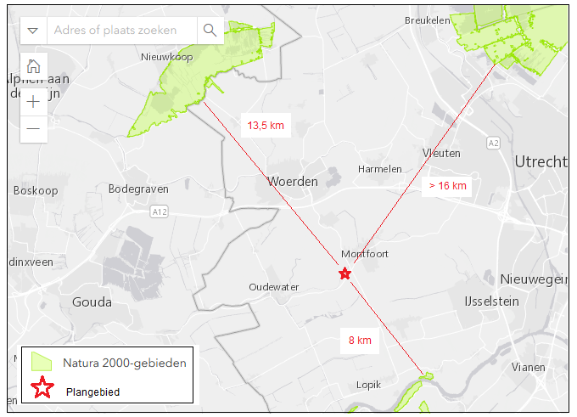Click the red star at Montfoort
click(345, 273)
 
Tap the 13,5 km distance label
click(265, 126)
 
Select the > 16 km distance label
click(447, 185)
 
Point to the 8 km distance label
click(360, 341)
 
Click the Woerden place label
click(292, 182)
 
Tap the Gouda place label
click(92, 302)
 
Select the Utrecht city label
click(541, 161)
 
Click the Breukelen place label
click(427, 20)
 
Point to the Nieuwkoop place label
click(166, 57)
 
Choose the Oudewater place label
click(273, 287)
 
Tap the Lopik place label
click(368, 385)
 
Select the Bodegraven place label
click(138, 189)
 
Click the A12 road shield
click(158, 209)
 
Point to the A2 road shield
click(493, 143)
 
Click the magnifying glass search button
click(210, 31)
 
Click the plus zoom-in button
click(33, 102)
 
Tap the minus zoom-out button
click(33, 128)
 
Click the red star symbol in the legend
click(42, 389)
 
